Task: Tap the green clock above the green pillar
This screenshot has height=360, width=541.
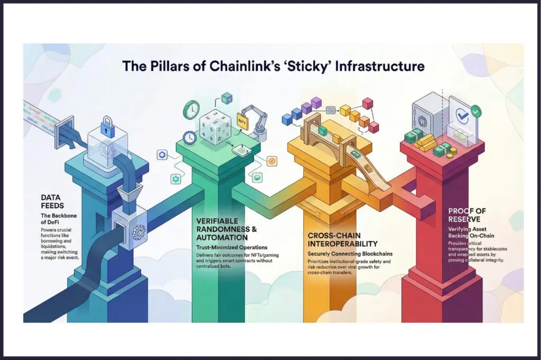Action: click(x=191, y=110)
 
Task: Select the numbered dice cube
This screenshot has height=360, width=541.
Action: click(x=214, y=125)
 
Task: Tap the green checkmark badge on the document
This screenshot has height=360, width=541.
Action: click(x=475, y=111)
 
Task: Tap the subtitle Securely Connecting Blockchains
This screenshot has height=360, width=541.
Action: click(x=347, y=254)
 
